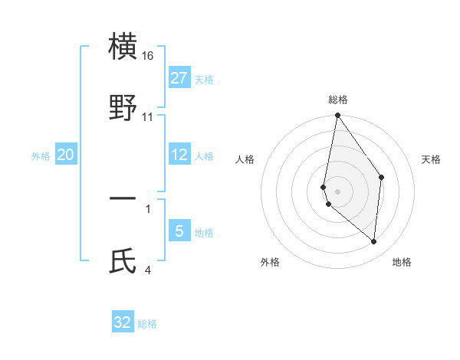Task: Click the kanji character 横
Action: [x=123, y=47]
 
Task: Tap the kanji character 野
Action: [x=123, y=107]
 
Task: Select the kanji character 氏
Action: [x=123, y=260]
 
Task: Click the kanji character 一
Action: [x=123, y=199]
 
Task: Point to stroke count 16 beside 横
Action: [x=149, y=57]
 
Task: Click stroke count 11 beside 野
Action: [x=149, y=117]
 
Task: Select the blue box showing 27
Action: [x=179, y=78]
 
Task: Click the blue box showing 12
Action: [x=179, y=155]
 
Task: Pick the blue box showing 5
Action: [x=179, y=231]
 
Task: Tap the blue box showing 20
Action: [x=66, y=155]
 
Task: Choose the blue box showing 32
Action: [x=123, y=322]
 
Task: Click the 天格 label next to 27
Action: [x=204, y=79]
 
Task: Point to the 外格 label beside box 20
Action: [x=41, y=155]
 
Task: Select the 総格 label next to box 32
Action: [x=147, y=323]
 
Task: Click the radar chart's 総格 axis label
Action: [x=337, y=100]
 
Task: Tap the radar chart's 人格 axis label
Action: [x=245, y=159]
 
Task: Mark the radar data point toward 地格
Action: [x=373, y=242]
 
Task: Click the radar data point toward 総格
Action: [x=337, y=116]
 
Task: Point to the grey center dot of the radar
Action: [x=337, y=191]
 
